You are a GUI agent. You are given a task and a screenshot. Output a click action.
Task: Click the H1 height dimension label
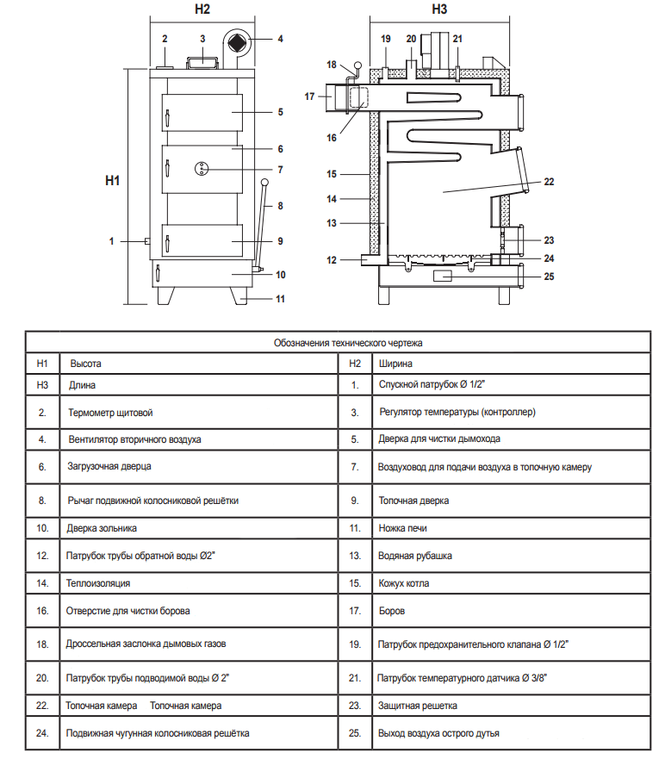[112, 181]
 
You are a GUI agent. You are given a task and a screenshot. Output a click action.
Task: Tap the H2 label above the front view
[202, 9]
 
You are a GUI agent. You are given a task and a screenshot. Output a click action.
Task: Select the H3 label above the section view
[439, 9]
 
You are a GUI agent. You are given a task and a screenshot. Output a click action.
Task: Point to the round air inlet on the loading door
[202, 169]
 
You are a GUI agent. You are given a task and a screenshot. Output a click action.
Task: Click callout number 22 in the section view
[549, 182]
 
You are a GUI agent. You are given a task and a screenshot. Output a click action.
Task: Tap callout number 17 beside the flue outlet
[309, 96]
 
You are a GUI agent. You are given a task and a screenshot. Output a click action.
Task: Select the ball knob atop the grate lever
[264, 182]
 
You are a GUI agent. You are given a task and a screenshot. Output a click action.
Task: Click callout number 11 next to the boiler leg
[280, 299]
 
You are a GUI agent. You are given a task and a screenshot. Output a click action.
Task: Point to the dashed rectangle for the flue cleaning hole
[358, 97]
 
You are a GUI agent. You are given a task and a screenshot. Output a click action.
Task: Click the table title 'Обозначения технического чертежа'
[348, 343]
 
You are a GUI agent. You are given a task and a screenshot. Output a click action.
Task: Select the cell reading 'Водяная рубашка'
[415, 556]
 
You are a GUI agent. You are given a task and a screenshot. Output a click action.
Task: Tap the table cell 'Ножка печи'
[402, 528]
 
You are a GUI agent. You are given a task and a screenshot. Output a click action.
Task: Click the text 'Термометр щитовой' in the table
[110, 413]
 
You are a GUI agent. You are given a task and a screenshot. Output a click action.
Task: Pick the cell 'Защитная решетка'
[417, 706]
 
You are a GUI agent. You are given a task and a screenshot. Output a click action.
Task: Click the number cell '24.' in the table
[42, 733]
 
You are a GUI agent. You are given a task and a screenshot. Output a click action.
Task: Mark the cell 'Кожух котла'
[404, 583]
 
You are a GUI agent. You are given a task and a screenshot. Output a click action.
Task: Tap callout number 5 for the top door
[280, 112]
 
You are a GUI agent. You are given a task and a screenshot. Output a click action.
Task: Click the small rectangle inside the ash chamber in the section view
[442, 276]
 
